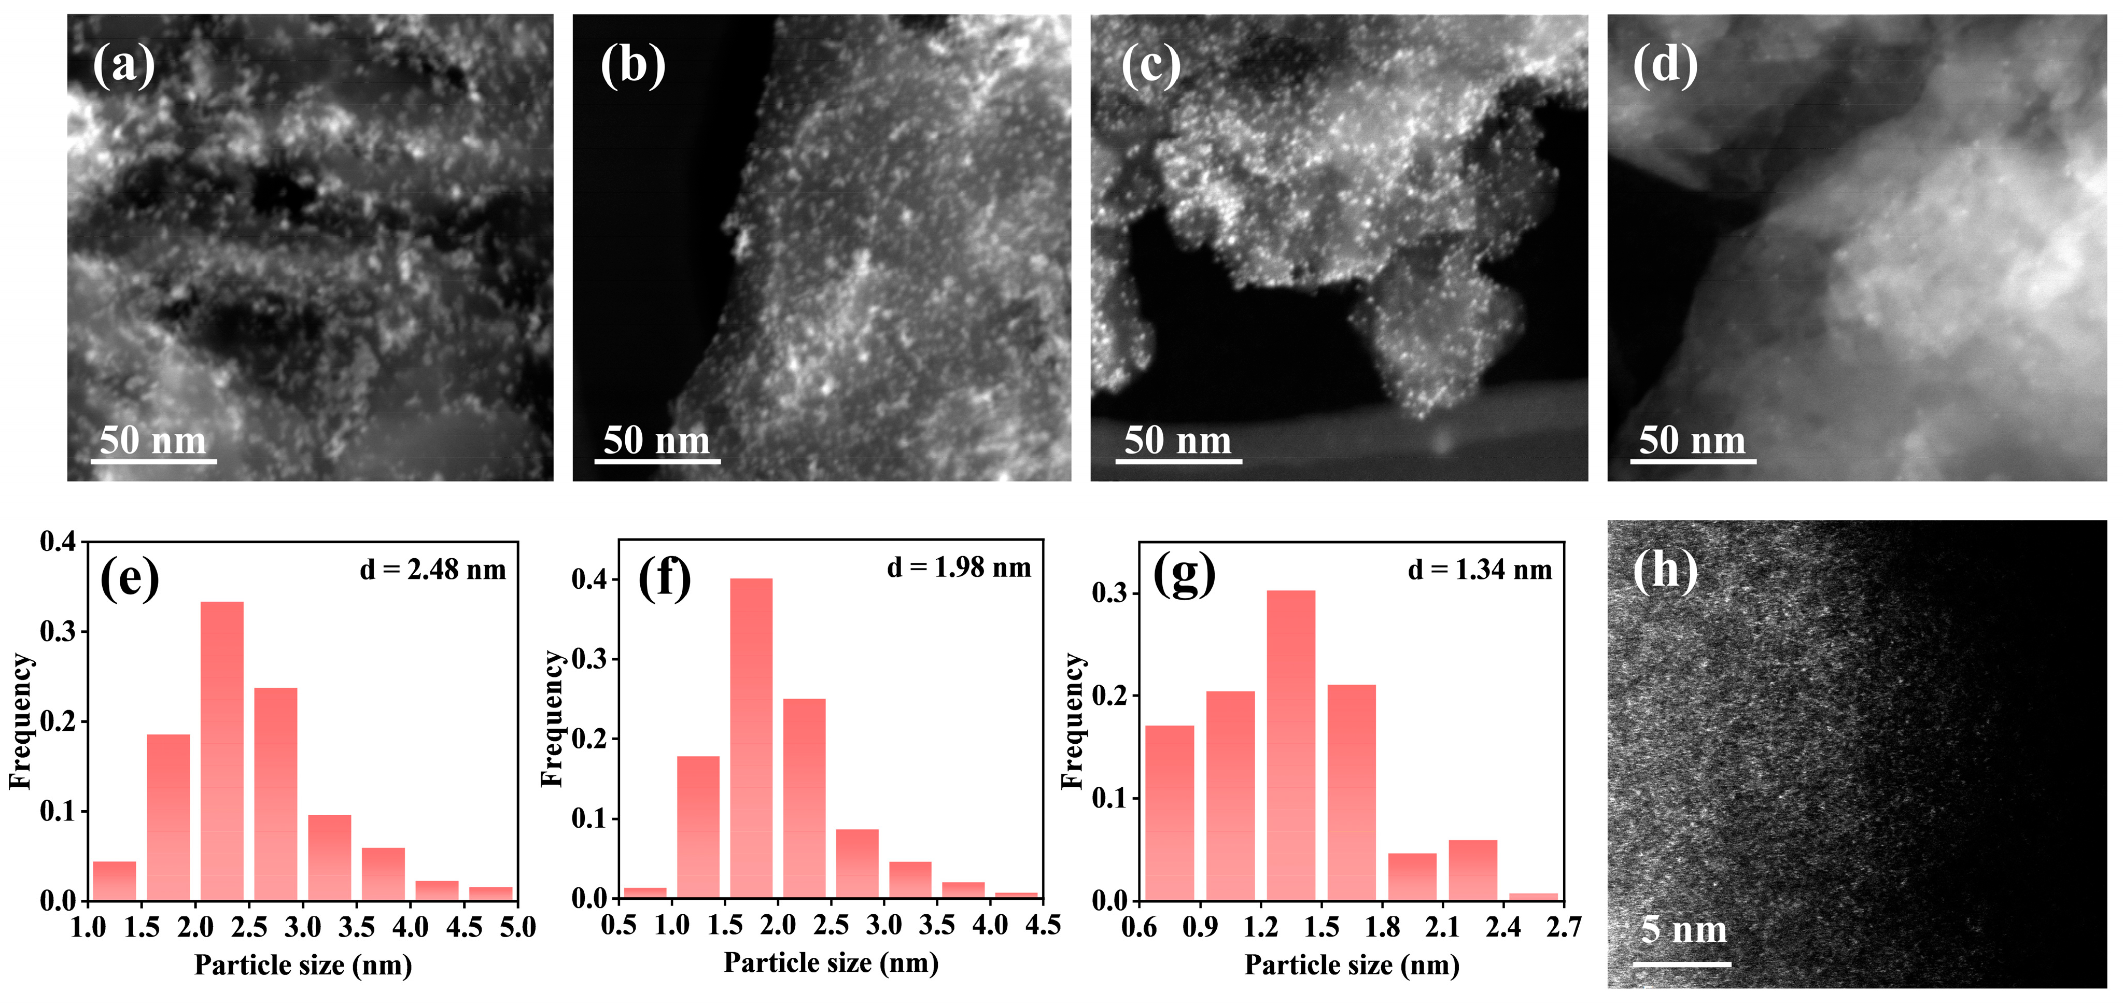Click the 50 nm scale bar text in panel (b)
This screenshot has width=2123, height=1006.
click(x=657, y=440)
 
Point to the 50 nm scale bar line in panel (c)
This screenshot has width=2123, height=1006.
click(x=1178, y=461)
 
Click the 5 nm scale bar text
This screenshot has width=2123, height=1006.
click(x=1683, y=929)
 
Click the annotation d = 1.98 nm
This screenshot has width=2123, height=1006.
click(x=959, y=567)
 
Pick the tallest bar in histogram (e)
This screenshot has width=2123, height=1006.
click(x=222, y=750)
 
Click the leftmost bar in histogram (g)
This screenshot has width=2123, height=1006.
click(x=1170, y=812)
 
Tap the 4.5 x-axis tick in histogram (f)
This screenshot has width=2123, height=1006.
click(x=1043, y=925)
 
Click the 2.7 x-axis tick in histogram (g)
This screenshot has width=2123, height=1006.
click(x=1563, y=927)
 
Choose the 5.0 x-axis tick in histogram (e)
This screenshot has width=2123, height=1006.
click(x=517, y=927)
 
